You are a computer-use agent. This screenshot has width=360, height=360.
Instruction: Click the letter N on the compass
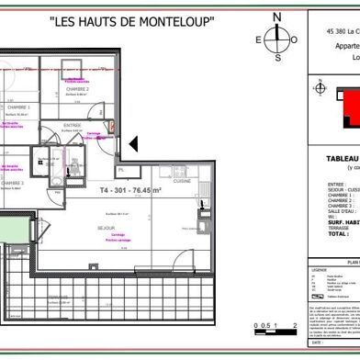click(277, 17)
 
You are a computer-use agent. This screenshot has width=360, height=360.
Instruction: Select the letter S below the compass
click(277, 57)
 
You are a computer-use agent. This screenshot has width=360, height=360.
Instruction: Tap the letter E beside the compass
click(260, 39)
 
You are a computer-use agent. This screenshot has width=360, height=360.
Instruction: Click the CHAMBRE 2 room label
click(76, 89)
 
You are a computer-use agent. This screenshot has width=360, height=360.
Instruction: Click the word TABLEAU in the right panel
click(342, 158)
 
